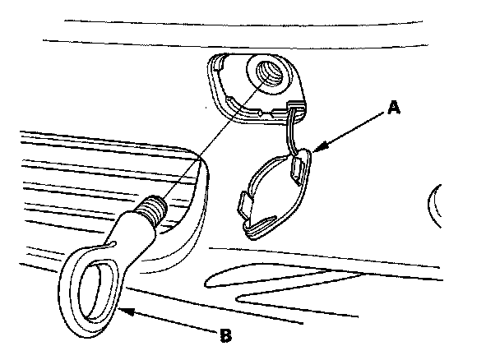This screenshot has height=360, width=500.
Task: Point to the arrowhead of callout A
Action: (315, 150)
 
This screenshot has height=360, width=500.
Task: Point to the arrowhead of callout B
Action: (120, 310)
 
